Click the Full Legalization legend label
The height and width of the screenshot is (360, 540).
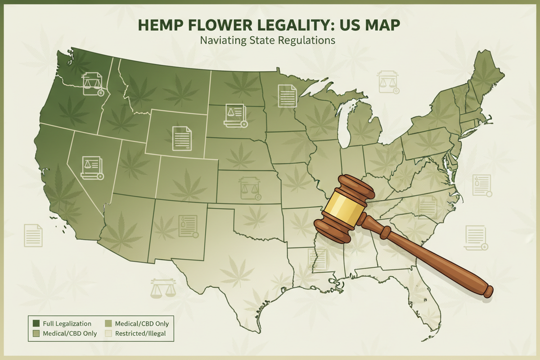click(x=67, y=324)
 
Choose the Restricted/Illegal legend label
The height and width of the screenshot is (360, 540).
click(x=141, y=334)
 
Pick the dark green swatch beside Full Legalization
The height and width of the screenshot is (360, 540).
click(x=36, y=324)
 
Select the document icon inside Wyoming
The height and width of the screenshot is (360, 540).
click(x=182, y=138)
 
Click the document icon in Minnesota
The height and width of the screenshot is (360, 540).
click(x=287, y=95)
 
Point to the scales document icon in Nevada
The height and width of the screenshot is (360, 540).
click(x=91, y=168)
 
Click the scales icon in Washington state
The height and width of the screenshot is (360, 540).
click(x=93, y=85)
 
